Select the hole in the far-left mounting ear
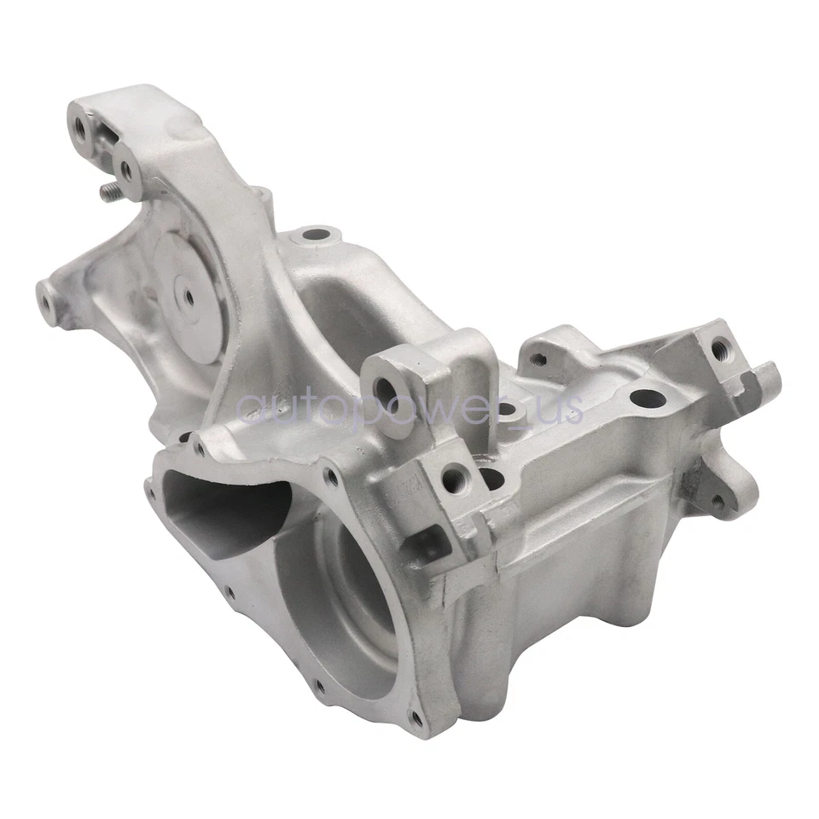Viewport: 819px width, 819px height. coord(45,299)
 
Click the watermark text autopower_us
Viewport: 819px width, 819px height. coord(409,408)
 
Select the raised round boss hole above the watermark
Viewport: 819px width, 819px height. coord(317,232)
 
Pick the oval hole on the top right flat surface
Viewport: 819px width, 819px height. coord(647,398)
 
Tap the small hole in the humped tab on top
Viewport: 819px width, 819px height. coord(538,359)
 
